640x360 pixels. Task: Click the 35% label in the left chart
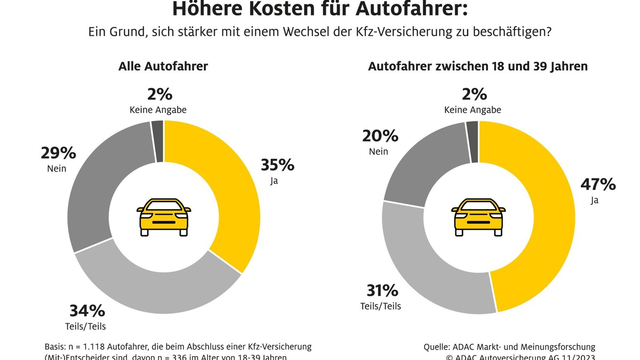coord(277,165)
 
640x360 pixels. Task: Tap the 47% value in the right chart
coord(598,185)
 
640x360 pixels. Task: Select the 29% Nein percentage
coord(59,153)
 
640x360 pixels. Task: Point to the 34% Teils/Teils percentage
coord(87,311)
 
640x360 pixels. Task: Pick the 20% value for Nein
coord(381,136)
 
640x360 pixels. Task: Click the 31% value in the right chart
coord(382,291)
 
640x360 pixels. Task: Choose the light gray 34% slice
coord(160,285)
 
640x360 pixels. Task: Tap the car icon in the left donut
coord(164,217)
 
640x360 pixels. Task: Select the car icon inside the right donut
coord(478,217)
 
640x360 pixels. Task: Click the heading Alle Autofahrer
coord(163,67)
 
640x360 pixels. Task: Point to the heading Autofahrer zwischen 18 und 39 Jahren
coord(478,67)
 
